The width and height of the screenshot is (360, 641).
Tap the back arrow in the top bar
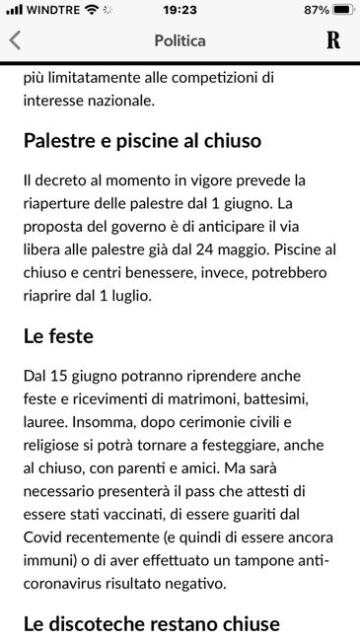click(15, 41)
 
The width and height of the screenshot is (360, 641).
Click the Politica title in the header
click(180, 41)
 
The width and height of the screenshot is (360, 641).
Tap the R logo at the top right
click(333, 41)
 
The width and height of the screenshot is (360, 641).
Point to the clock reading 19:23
click(180, 10)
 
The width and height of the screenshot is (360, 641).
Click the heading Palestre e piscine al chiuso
click(142, 140)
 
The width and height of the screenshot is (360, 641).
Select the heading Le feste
click(58, 336)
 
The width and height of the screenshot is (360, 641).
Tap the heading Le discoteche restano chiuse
click(152, 623)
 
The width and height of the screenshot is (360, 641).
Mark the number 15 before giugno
click(66, 377)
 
